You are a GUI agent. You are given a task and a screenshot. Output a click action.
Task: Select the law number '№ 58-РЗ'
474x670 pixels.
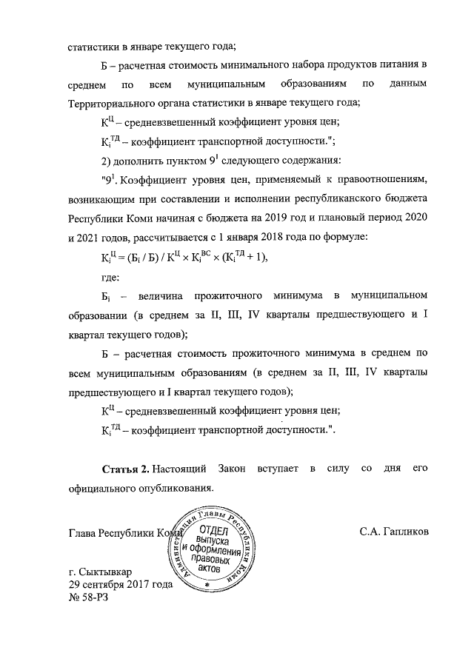click(88, 597)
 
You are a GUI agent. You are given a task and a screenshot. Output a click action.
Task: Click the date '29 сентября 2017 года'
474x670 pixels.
click(120, 585)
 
